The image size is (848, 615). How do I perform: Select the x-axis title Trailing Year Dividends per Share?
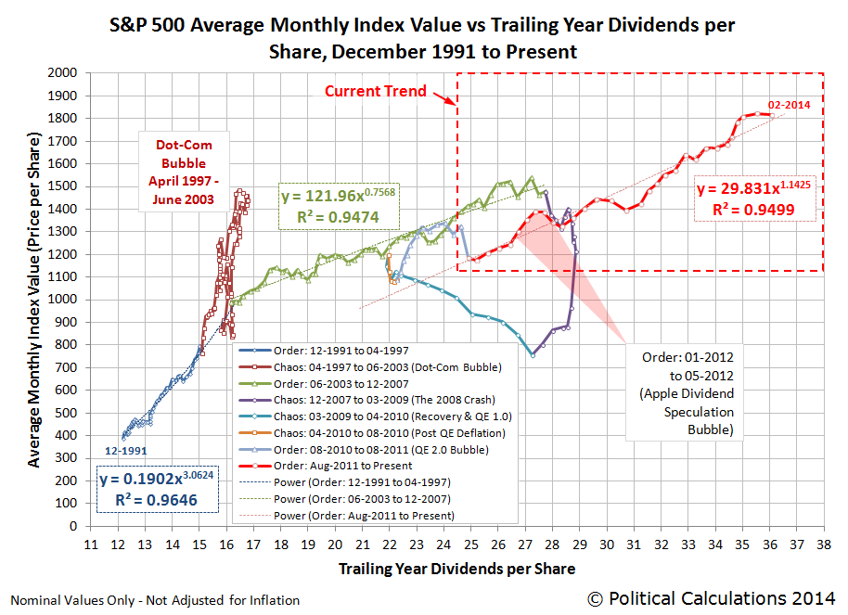pos(456,569)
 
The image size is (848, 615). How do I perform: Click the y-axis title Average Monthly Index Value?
pos(35,299)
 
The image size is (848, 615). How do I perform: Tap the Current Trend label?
pos(375,91)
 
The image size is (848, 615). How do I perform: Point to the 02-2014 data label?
pos(789,105)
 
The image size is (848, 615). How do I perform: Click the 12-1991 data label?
pos(126,451)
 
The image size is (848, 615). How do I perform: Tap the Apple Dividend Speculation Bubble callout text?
pos(687,394)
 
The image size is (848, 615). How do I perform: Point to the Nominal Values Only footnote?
pos(155,600)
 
